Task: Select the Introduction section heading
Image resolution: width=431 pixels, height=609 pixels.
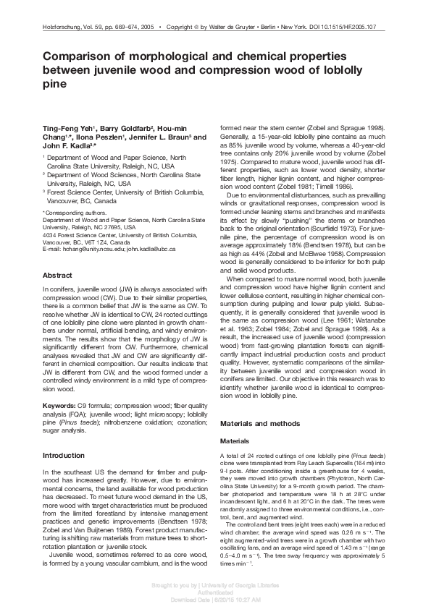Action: [64, 456]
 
